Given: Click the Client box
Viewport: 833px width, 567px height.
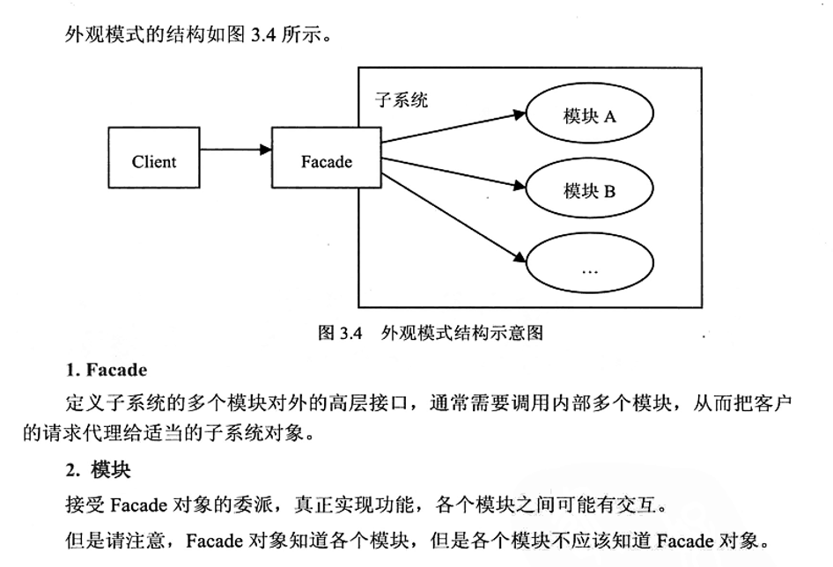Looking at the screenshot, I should coord(154,161).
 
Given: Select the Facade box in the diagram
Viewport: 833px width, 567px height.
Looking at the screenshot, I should coord(326,161).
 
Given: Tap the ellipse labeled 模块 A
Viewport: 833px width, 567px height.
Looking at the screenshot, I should coord(589,115).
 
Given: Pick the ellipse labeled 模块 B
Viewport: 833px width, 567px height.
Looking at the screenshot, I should coord(589,189).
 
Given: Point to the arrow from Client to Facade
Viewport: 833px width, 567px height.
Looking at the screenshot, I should coord(236,150).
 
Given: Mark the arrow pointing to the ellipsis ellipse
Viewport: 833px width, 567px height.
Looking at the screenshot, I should coord(453,216).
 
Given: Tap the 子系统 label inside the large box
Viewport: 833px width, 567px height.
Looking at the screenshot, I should coord(402,100).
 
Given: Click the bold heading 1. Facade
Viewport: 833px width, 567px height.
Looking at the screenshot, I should coord(106,370).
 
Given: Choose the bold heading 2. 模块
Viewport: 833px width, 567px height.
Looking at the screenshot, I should coord(98,470).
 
